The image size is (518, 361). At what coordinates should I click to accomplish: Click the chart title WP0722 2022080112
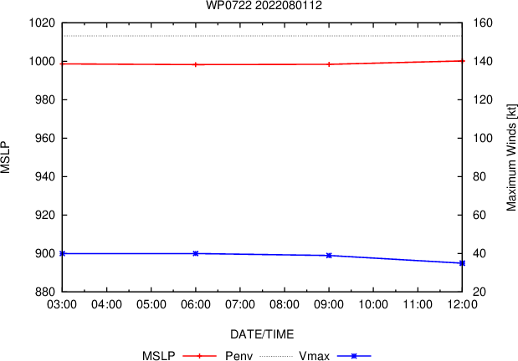click(264, 5)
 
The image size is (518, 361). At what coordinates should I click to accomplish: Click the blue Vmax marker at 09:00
click(329, 256)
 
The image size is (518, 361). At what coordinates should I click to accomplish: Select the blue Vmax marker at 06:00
click(196, 253)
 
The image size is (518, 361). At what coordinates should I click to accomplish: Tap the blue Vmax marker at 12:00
click(462, 263)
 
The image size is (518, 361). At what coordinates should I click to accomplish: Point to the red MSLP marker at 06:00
click(196, 64)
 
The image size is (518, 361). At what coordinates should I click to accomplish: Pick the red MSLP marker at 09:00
click(329, 64)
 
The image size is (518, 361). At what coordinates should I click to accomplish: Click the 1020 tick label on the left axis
click(42, 23)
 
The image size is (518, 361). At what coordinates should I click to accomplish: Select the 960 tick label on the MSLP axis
click(45, 138)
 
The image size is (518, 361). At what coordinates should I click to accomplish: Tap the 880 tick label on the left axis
click(45, 292)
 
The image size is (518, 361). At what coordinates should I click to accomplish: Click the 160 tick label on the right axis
click(483, 23)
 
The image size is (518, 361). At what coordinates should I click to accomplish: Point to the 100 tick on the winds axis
click(483, 138)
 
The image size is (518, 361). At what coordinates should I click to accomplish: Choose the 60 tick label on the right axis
click(480, 215)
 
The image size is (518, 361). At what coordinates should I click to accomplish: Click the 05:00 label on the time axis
click(151, 304)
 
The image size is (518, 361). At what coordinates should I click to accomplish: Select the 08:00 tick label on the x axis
click(285, 304)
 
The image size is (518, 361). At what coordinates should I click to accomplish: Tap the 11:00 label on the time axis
click(418, 304)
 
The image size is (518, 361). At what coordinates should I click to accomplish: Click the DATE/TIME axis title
click(262, 334)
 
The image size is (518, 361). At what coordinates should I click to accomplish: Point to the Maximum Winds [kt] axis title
click(511, 157)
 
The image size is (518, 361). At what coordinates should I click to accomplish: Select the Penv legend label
click(238, 356)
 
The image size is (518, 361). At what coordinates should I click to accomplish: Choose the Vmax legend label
click(314, 356)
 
